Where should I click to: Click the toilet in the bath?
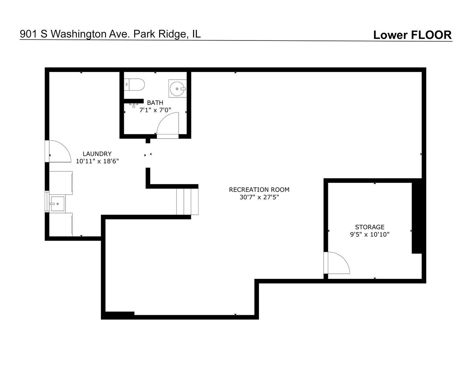135,84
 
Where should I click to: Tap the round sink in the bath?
178,89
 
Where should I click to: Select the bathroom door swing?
167,124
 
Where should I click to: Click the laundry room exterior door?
58,151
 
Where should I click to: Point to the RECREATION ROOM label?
259,190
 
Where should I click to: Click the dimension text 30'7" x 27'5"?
259,197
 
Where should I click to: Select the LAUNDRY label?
97,154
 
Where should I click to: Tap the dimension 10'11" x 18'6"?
97,161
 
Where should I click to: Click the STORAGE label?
369,227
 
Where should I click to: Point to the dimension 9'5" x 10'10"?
369,235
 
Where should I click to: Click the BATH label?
155,103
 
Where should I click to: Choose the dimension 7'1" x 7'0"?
155,110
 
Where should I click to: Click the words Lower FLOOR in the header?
412,35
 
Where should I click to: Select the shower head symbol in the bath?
134,105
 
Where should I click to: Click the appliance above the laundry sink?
61,183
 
